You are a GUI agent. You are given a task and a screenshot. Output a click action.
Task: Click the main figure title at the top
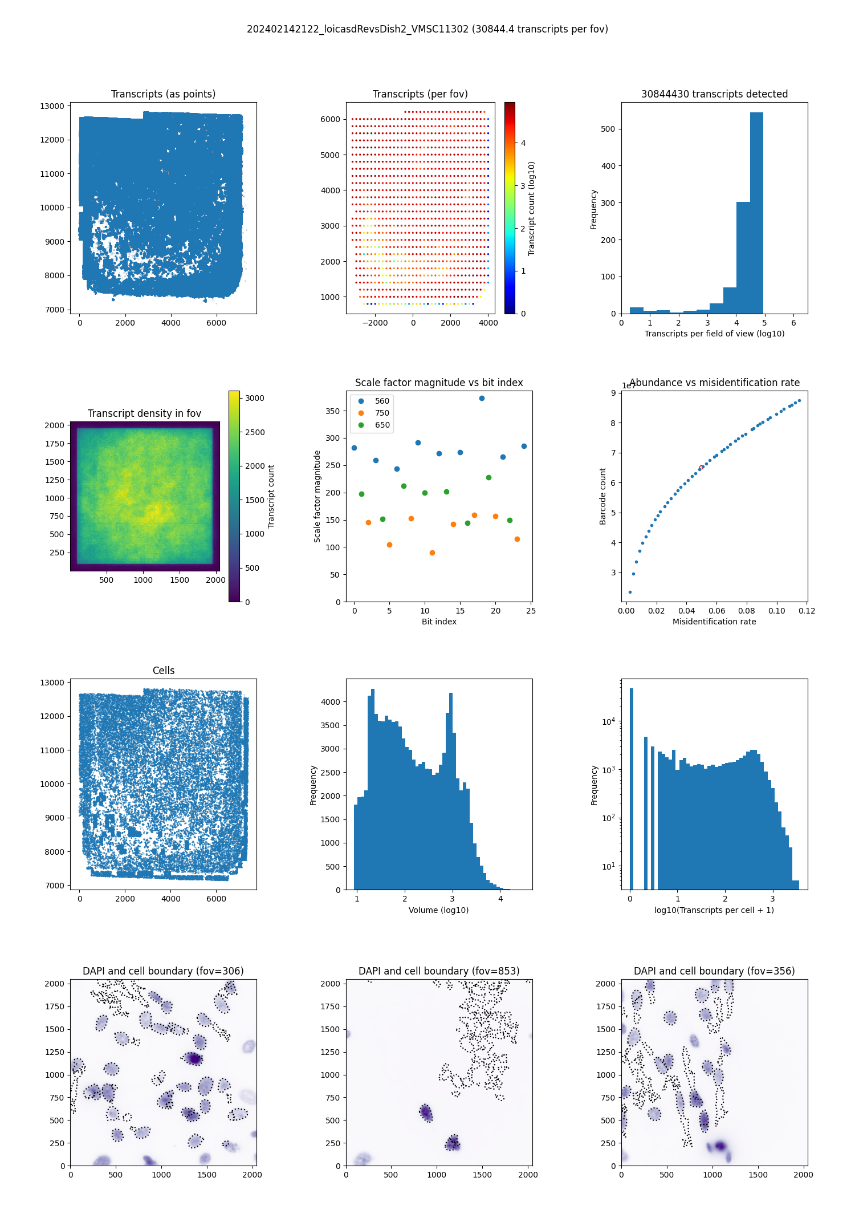427,29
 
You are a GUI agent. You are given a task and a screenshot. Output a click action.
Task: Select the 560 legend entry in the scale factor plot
382,401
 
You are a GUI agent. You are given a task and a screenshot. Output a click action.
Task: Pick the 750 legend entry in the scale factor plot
382,413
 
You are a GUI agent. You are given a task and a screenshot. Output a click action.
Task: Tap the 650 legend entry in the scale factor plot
382,425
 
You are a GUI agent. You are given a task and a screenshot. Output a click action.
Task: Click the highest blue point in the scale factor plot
482,398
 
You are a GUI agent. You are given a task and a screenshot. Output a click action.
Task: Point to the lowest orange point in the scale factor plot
432,553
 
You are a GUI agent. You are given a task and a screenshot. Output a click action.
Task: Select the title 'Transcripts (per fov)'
420,94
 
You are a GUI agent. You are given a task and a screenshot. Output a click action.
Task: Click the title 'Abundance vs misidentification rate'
714,383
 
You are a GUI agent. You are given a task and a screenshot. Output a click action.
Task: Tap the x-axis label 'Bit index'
439,622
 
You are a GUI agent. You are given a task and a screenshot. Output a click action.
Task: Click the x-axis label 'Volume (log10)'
438,910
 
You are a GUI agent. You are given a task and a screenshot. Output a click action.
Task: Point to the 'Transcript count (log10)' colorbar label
531,208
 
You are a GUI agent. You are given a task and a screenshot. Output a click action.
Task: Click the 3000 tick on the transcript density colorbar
255,398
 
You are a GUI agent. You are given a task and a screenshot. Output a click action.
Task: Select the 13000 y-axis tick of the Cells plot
52,683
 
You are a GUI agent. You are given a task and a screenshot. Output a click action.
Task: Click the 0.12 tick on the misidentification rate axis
807,611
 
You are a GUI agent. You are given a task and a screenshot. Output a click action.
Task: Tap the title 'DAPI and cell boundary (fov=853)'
439,971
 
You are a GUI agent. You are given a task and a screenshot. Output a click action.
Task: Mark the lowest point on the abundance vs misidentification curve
630,592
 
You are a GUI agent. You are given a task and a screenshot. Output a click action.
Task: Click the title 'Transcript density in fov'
144,413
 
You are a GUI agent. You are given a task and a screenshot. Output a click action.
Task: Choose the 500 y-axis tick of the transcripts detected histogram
608,129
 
